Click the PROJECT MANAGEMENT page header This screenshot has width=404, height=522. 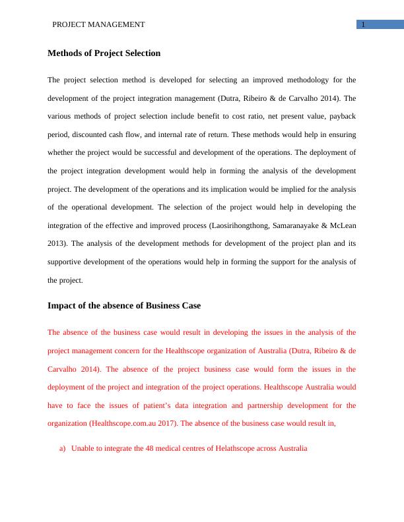point(98,25)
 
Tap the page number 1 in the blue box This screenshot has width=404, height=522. point(363,25)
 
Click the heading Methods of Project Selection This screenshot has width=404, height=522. point(104,53)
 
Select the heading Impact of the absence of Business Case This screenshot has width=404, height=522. point(124,306)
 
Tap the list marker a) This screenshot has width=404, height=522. point(63,449)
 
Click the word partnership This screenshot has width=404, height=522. point(285,406)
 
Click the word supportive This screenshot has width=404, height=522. point(66,262)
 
